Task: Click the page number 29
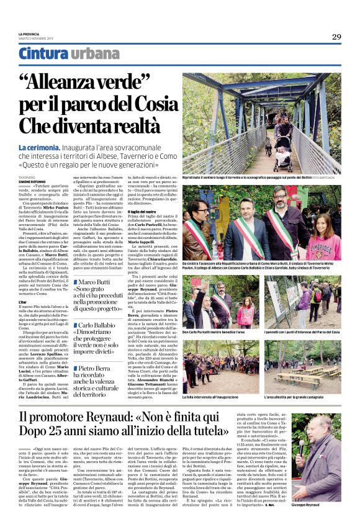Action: coord(336,37)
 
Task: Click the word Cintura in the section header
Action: coord(52,55)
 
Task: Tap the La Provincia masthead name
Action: coord(29,32)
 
